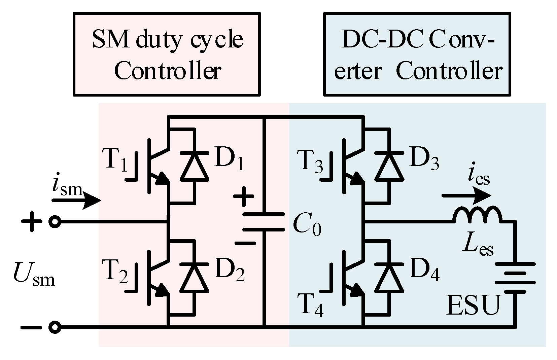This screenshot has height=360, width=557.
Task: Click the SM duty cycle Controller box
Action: [x=167, y=54]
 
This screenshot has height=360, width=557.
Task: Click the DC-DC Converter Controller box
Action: [x=417, y=54]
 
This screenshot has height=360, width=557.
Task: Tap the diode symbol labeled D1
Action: [x=194, y=166]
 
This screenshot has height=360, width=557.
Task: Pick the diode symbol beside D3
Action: [x=389, y=166]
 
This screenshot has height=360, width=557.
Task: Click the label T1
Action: [x=115, y=160]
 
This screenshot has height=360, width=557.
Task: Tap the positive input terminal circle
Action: [x=55, y=222]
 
